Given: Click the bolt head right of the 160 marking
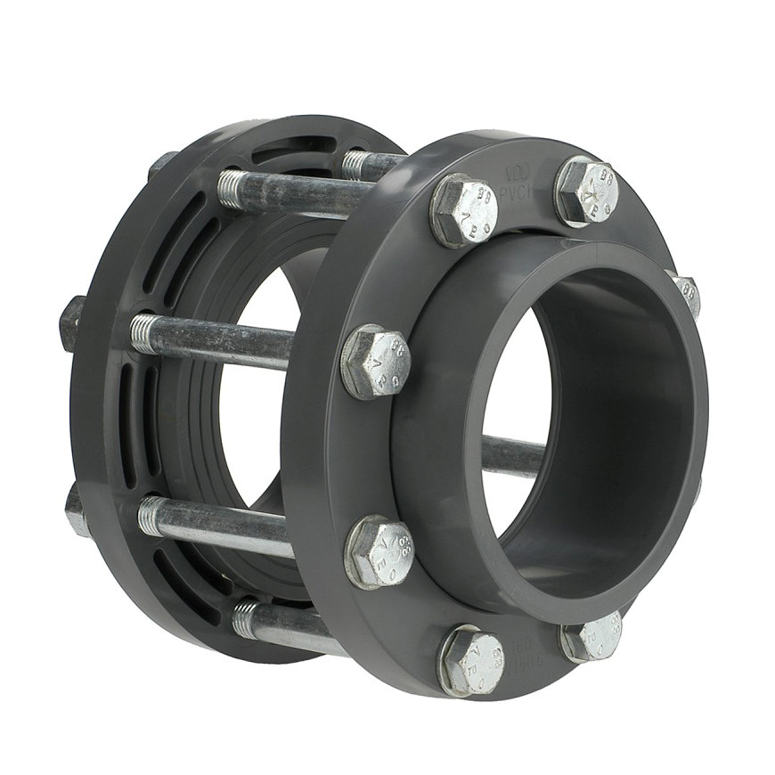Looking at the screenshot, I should (591, 637).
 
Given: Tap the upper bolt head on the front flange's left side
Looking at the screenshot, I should (374, 360).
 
